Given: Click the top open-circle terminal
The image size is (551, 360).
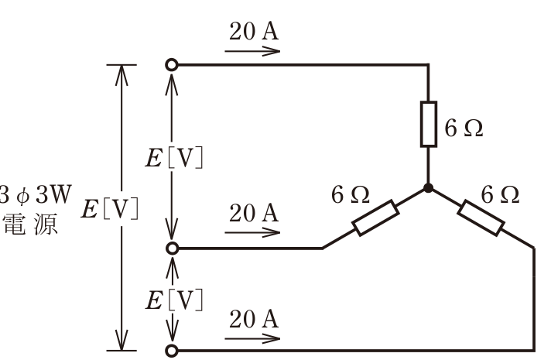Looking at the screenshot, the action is pyautogui.click(x=172, y=65).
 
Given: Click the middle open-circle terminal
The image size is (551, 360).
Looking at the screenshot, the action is pyautogui.click(x=172, y=249).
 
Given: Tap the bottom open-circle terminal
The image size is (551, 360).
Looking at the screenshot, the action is pyautogui.click(x=172, y=351).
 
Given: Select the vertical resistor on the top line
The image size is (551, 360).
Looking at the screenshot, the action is pyautogui.click(x=429, y=124).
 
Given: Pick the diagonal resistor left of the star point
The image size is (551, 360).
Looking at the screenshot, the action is pyautogui.click(x=375, y=218).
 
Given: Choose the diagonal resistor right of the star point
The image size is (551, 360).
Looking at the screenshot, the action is pyautogui.click(x=481, y=218).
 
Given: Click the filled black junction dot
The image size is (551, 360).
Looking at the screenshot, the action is pyautogui.click(x=428, y=188).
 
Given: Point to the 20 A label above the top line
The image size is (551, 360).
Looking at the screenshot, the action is pyautogui.click(x=254, y=31).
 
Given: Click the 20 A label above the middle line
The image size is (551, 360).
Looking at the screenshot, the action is pyautogui.click(x=254, y=213).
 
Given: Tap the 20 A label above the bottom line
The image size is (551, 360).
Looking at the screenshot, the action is pyautogui.click(x=254, y=319).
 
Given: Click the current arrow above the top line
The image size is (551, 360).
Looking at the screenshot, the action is pyautogui.click(x=252, y=51).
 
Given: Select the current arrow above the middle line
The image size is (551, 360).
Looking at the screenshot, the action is pyautogui.click(x=252, y=232).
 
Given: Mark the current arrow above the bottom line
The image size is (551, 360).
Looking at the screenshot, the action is pyautogui.click(x=252, y=339).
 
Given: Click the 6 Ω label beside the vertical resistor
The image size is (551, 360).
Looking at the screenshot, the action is pyautogui.click(x=464, y=128).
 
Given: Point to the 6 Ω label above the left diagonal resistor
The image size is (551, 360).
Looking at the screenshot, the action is pyautogui.click(x=351, y=194).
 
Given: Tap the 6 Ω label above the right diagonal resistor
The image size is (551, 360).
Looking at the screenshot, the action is pyautogui.click(x=500, y=194).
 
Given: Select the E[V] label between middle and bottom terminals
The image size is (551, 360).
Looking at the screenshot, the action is pyautogui.click(x=174, y=300).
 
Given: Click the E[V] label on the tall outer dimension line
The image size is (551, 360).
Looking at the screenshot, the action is pyautogui.click(x=110, y=209).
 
